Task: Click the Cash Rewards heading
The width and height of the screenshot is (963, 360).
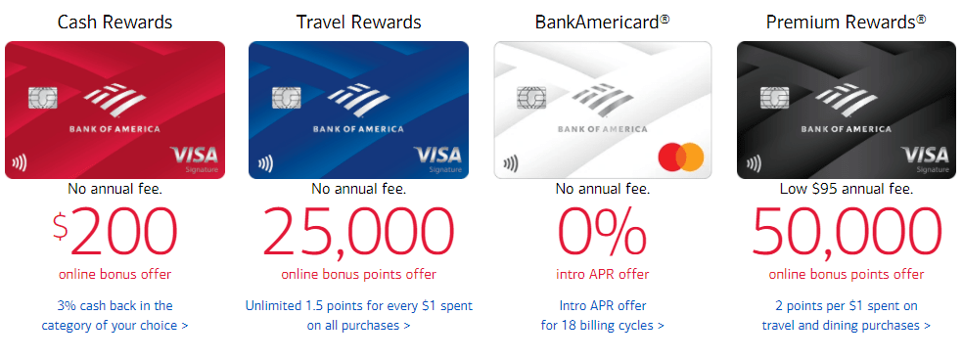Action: [115, 22]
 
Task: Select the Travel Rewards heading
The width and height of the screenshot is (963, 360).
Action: [358, 22]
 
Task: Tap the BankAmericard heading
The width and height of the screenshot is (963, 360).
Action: [602, 22]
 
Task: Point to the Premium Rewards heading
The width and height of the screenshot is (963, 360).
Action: [847, 22]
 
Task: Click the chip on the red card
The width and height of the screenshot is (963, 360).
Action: [42, 97]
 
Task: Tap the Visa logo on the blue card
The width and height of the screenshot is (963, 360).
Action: [437, 155]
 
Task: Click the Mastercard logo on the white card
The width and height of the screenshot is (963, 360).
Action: [680, 157]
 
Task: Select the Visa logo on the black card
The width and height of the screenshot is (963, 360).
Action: [925, 155]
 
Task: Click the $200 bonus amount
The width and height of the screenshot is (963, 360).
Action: [115, 232]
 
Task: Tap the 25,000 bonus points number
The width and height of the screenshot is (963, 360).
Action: [358, 232]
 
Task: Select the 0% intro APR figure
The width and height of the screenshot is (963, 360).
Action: [602, 232]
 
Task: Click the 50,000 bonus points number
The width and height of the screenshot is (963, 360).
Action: [847, 232]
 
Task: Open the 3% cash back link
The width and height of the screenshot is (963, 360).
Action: [115, 315]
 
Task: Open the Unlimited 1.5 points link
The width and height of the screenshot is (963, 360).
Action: [358, 315]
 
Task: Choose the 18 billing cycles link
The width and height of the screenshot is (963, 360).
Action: [602, 315]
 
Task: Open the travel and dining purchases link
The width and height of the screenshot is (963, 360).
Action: [847, 315]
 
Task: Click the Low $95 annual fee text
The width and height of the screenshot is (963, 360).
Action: [847, 189]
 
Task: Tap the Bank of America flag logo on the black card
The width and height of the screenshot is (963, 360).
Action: [846, 101]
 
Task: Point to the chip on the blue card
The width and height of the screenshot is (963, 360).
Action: [286, 97]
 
